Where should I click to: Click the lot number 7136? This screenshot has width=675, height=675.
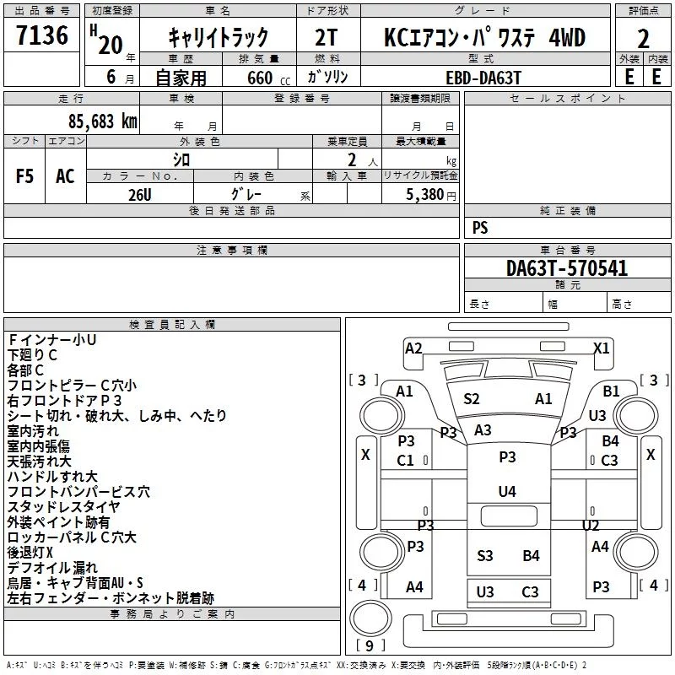point(42,35)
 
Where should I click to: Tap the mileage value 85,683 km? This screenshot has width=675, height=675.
point(103,121)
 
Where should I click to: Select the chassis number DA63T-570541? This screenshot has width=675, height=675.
point(567,268)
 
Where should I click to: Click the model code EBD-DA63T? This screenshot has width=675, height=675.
point(483,78)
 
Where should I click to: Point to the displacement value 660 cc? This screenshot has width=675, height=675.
point(269,78)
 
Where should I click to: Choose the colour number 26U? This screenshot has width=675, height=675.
point(140,195)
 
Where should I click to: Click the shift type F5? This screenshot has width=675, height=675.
point(24,176)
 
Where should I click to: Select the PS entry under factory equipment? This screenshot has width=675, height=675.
point(480,227)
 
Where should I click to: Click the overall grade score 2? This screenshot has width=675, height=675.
point(643,39)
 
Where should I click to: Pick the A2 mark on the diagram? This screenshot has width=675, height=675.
point(413,348)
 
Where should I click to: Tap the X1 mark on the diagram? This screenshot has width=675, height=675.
point(602,348)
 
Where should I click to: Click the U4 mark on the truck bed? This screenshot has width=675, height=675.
point(507,491)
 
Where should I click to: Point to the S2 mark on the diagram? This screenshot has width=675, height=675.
point(472,398)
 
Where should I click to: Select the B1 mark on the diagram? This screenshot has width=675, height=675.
point(611,391)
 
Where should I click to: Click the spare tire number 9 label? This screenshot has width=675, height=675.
point(370,645)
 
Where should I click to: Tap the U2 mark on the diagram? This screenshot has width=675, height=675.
point(591,525)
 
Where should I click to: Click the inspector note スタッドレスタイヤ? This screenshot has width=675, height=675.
point(63,507)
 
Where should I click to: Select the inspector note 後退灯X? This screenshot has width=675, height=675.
point(30,553)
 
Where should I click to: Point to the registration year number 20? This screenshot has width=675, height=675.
point(111,46)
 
